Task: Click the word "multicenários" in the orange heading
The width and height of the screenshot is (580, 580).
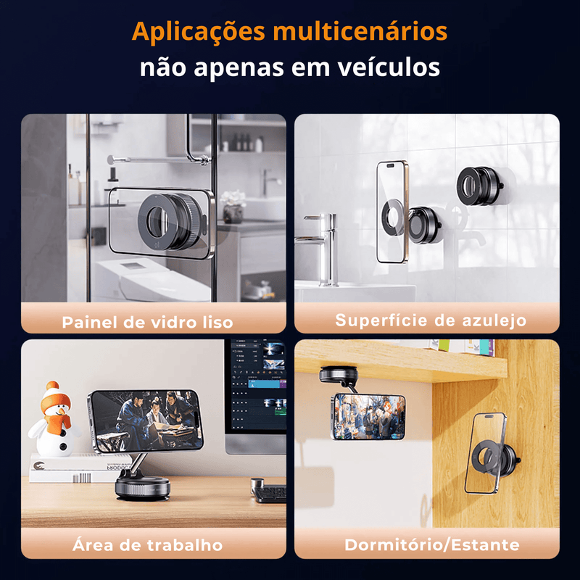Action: click(360, 32)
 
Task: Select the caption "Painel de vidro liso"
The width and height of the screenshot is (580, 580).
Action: click(147, 322)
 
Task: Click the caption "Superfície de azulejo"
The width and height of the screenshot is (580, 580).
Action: click(431, 320)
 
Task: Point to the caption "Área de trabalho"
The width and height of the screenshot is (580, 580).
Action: click(148, 545)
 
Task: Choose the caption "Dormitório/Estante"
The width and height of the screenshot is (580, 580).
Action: click(432, 545)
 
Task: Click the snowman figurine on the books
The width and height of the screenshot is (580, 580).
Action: click(55, 420)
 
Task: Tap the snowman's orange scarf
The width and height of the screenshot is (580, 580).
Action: click(57, 423)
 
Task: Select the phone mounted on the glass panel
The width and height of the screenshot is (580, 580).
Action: click(161, 223)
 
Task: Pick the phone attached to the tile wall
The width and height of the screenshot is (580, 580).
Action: click(392, 212)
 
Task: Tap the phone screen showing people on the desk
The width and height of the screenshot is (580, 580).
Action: click(146, 421)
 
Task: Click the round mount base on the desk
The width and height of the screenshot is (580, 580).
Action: click(143, 487)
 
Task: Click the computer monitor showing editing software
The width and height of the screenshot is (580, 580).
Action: click(256, 396)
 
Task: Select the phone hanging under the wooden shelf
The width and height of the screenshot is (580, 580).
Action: click(368, 417)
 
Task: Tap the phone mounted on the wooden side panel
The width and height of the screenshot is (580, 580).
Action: click(484, 454)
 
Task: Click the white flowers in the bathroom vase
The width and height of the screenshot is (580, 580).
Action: click(233, 198)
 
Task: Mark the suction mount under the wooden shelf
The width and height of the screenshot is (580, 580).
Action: click(339, 375)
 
